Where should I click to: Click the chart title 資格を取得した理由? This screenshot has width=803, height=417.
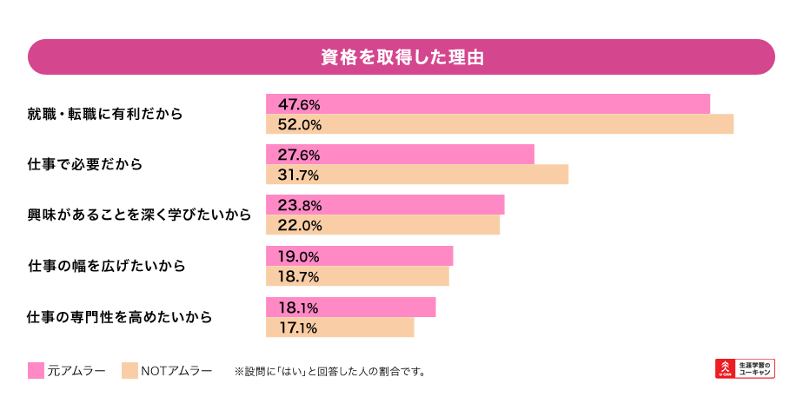pos(401,57)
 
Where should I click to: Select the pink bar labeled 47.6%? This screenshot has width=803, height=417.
pos(488,103)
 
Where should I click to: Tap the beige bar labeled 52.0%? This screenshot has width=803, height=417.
pos(499,124)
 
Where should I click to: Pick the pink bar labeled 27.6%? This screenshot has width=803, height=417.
pos(400,154)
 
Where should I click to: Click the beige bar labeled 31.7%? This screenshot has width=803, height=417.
pos(416,175)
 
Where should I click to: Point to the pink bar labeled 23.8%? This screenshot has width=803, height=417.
pos(385,205)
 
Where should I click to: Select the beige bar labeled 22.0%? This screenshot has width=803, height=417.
pos(382,225)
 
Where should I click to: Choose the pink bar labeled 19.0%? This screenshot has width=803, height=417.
pos(359,255)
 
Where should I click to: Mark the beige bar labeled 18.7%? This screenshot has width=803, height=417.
pos(357,276)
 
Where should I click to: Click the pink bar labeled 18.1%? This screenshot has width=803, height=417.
pos(350,307)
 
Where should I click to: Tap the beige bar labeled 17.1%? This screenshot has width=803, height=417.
pos(340,328)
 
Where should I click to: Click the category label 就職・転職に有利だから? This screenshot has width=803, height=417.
pos(105,114)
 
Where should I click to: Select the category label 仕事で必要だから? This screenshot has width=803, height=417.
pos(85,164)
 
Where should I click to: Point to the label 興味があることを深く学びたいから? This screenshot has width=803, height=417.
pos(139,215)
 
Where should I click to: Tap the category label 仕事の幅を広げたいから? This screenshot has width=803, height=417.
pos(107,266)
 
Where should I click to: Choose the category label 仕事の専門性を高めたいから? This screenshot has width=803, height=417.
pos(120,317)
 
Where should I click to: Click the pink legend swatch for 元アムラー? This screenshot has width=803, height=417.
pos(36,371)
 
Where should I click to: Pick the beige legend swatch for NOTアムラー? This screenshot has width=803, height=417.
pos(129,371)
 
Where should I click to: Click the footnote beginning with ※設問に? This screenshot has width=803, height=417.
pos(329,372)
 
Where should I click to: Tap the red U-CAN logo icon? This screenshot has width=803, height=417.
pos(724,368)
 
